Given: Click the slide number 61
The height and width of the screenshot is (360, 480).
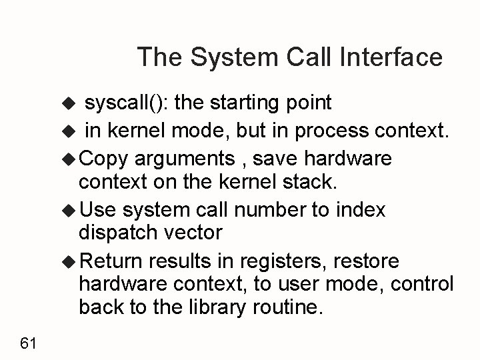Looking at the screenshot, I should point(28,343).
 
